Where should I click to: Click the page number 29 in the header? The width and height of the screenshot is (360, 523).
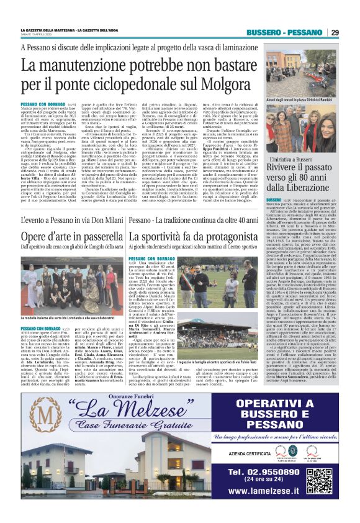tap(334, 32)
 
